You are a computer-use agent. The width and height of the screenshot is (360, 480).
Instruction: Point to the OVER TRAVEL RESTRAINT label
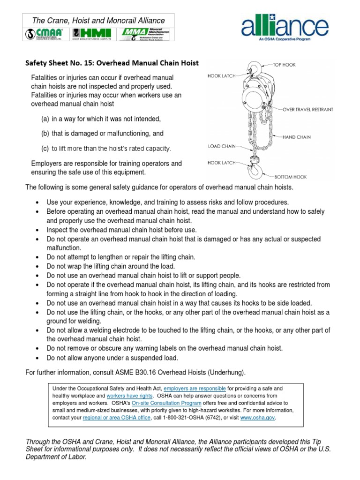[x=307, y=109]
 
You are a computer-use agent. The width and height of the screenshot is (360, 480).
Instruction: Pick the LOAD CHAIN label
[x=221, y=146]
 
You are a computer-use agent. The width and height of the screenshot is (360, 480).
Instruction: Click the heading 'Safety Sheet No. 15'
[x=112, y=63]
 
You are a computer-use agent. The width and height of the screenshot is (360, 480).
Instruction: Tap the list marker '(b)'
[x=45, y=134]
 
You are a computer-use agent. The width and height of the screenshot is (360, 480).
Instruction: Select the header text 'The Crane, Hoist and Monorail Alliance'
[x=98, y=21]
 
